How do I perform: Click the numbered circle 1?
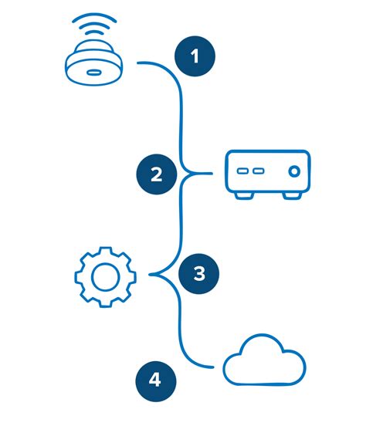pyautogui.click(x=195, y=57)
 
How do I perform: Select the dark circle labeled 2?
pyautogui.click(x=156, y=174)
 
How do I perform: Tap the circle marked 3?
pyautogui.click(x=198, y=273)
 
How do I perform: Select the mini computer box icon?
pyautogui.click(x=266, y=173)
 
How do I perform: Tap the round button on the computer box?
pyautogui.click(x=293, y=171)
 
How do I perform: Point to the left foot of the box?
pyautogui.click(x=243, y=195)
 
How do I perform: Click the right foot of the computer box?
pyautogui.click(x=290, y=195)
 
